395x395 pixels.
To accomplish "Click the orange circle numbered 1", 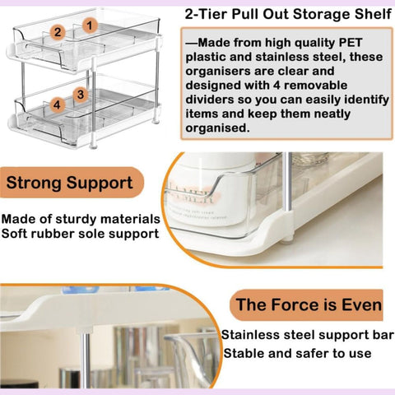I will tap(87, 26).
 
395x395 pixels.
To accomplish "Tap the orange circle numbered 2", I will tap(57, 33).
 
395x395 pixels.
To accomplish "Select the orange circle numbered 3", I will tap(81, 95).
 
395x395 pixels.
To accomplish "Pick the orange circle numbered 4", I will tap(56, 105).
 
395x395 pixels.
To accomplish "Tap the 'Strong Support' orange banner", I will tap(69, 182).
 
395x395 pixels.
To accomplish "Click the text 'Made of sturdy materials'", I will tap(81, 219).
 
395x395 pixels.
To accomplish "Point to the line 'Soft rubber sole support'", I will tap(81, 235).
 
